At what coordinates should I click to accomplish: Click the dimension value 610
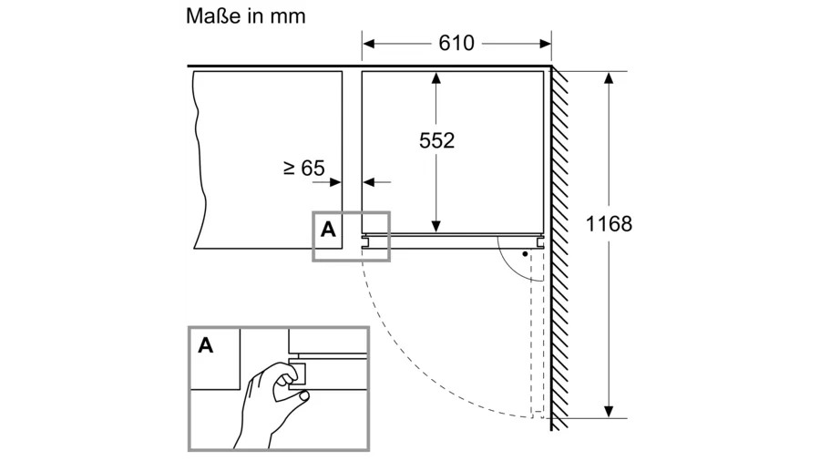click(x=456, y=42)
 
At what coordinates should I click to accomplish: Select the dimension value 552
click(x=436, y=140)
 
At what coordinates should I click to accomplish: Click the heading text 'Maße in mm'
click(x=246, y=16)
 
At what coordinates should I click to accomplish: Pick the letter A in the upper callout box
click(x=328, y=230)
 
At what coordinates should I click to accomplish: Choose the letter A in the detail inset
click(x=206, y=345)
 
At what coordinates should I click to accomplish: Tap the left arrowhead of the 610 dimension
click(x=369, y=42)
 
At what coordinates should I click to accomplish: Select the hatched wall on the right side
click(x=561, y=246)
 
